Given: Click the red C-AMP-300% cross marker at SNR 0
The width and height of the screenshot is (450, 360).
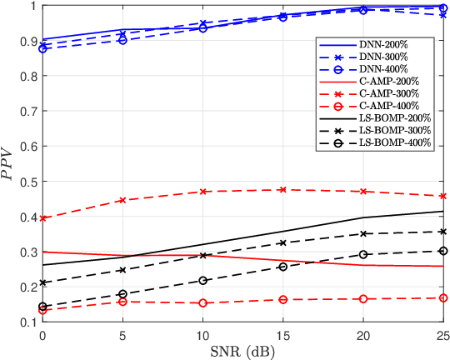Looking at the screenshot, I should click(42, 218).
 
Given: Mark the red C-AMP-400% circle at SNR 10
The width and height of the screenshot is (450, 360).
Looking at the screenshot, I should click(202, 303).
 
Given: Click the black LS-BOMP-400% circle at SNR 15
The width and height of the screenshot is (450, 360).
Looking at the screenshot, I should click(282, 267).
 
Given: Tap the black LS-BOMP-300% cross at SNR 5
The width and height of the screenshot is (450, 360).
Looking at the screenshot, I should click(122, 270).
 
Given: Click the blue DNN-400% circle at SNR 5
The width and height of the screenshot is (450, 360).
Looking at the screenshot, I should click(122, 40).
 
